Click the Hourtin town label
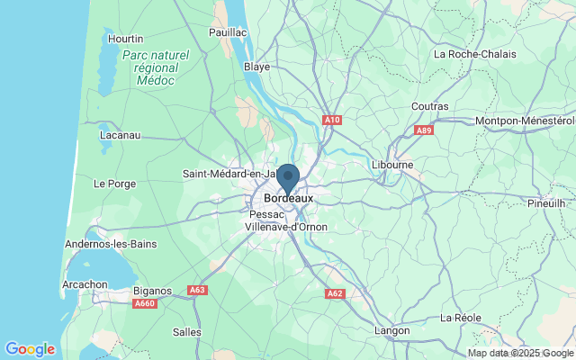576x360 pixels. [x=125, y=39]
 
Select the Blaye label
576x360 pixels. [x=257, y=67]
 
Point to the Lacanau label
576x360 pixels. [x=120, y=135]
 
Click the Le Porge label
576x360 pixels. [x=113, y=184]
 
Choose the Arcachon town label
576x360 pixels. [x=84, y=284]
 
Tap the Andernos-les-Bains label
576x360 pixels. [x=111, y=244]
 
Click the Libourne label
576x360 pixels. [x=392, y=166]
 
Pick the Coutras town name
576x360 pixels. [x=429, y=106]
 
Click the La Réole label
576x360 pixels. [x=461, y=318]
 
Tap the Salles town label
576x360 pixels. [x=187, y=331]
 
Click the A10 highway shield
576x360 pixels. [x=332, y=120]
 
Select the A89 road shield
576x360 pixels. [x=425, y=130]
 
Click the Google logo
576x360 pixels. [x=30, y=349]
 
